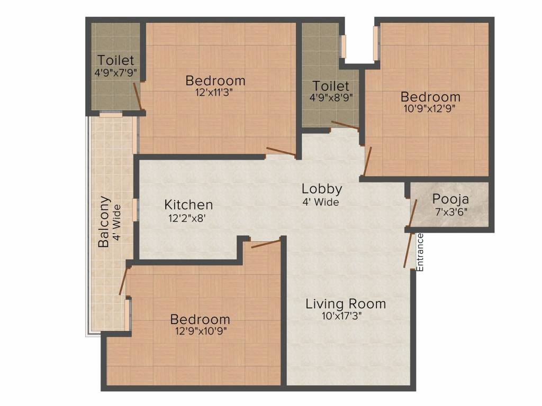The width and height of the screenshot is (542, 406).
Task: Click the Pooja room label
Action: (x=450, y=199)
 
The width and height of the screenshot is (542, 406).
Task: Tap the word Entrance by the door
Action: (x=421, y=252)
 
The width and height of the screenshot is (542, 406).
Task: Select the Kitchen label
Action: (x=188, y=205)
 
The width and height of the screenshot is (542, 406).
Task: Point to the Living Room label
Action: (x=346, y=304)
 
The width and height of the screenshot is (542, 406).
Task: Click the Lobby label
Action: (x=322, y=189)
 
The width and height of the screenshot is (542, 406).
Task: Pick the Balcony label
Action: (x=104, y=222)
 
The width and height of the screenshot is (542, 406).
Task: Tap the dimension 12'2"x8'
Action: (x=188, y=217)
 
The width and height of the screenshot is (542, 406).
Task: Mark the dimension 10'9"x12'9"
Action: (x=430, y=108)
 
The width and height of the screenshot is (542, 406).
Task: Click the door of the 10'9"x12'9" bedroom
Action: (x=368, y=161)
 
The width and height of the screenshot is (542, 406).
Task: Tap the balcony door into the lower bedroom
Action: (x=124, y=281)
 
